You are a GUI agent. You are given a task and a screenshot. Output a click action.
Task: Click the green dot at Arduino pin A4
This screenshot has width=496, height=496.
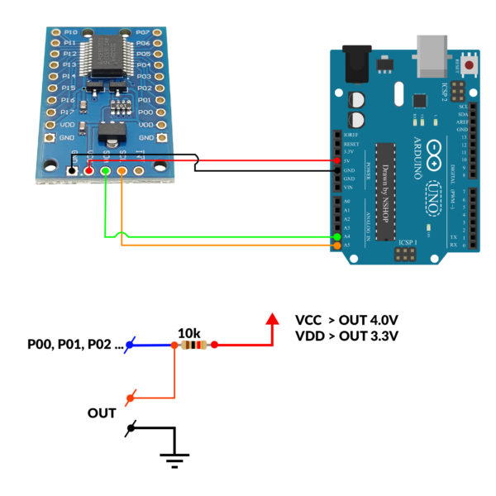coord(336,236)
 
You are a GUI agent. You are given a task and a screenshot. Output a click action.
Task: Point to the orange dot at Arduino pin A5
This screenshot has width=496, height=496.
coord(336,246)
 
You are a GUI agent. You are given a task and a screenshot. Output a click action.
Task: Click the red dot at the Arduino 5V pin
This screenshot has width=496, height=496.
coord(336,160)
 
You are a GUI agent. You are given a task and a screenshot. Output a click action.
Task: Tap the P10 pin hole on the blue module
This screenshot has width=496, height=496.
coord(55,32)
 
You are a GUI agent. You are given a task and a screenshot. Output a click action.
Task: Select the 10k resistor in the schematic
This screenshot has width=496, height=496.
coord(193,345)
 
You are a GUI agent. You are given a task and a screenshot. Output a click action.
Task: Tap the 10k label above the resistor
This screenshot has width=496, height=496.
coord(190,331)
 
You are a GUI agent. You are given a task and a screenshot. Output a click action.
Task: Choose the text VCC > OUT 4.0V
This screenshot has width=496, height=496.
coord(347,320)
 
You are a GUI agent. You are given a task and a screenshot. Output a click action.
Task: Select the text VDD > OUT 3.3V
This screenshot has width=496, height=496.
coord(347,336)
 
